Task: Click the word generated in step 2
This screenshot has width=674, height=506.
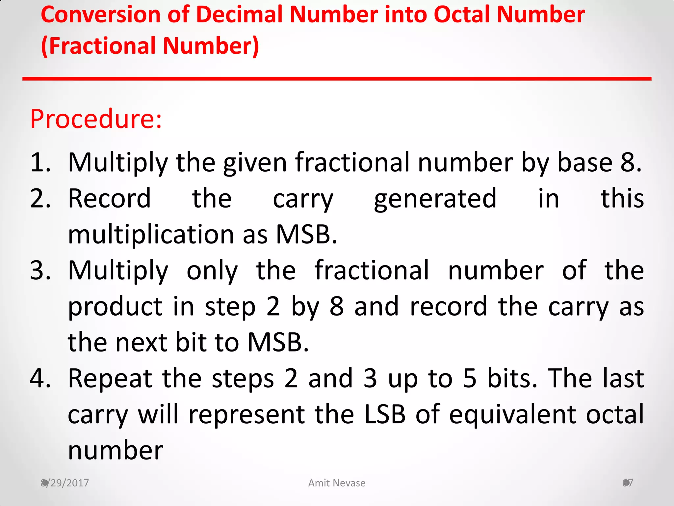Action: pos(435,199)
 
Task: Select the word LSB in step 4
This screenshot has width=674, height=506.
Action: pos(385,414)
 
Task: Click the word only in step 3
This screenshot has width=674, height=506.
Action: pos(212,271)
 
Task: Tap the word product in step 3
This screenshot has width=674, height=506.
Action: pos(115,307)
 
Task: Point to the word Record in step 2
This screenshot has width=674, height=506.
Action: pos(109,199)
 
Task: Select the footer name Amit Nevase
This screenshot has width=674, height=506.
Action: pos(337,483)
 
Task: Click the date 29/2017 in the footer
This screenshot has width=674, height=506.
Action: pos(66,483)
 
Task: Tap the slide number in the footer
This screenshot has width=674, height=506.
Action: pos(628,483)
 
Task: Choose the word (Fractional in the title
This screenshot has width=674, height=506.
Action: pos(98,46)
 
